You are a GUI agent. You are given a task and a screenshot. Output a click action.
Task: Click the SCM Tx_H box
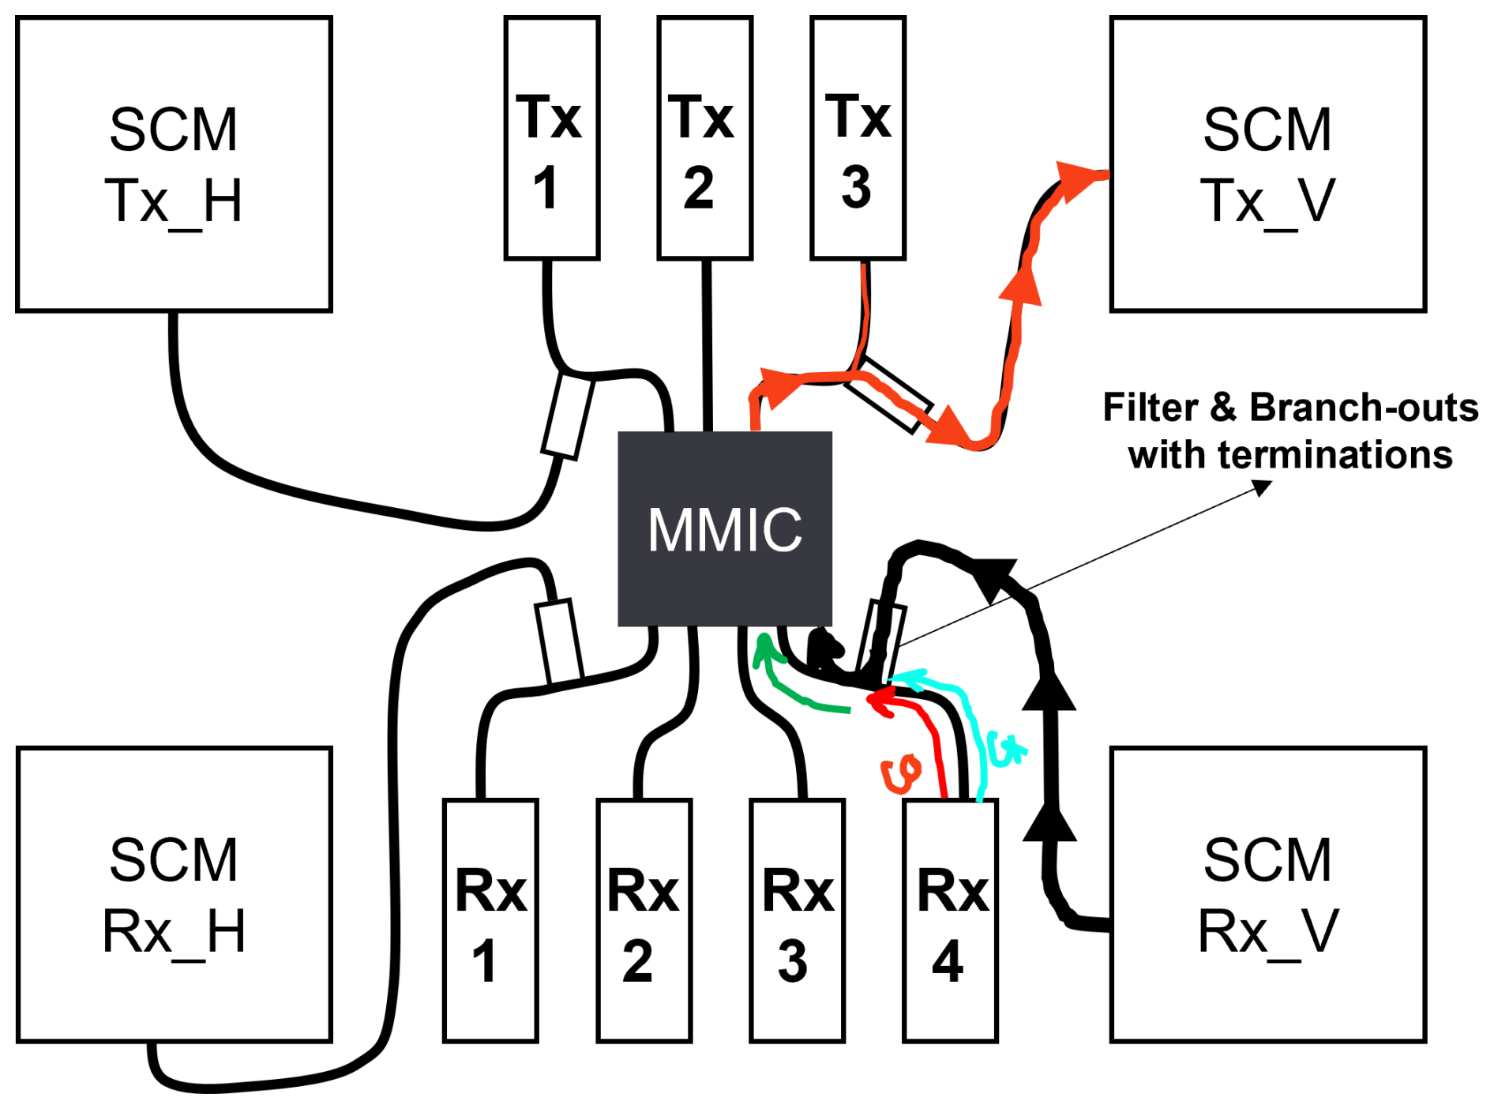tap(174, 164)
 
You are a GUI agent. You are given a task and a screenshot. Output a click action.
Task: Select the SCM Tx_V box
tap(1267, 164)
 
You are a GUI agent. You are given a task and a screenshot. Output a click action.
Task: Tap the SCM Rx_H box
tap(174, 894)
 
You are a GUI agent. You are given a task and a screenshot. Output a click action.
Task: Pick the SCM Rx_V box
tap(1267, 894)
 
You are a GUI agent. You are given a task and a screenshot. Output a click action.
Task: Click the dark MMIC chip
tap(724, 528)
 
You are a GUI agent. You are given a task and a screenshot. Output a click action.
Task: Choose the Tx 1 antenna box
tap(551, 138)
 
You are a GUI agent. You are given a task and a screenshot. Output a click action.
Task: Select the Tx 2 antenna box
tap(704, 138)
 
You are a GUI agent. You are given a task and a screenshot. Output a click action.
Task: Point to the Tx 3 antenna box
tap(858, 138)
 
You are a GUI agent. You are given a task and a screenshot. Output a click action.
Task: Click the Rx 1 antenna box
tap(490, 920)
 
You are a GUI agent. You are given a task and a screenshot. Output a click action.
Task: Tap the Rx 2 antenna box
tap(644, 920)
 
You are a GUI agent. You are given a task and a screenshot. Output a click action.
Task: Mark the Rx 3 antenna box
tap(797, 920)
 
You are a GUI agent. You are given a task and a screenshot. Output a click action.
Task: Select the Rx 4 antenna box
tap(950, 920)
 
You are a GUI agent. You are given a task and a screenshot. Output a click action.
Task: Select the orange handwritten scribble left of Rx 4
tap(901, 773)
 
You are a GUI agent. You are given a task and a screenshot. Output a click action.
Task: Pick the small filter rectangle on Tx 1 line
tap(567, 415)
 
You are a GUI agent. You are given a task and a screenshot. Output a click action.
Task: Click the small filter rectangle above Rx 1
tap(559, 641)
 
